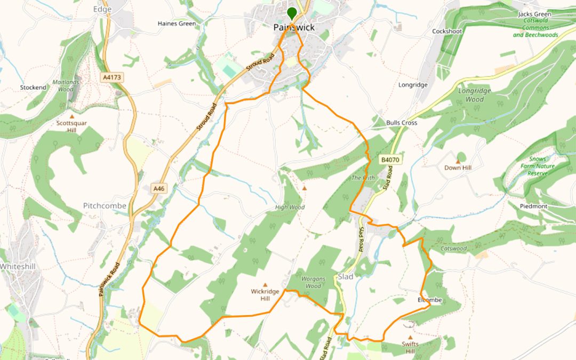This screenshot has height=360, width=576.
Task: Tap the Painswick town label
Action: coord(294,27)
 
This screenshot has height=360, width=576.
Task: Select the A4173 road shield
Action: coord(112,77)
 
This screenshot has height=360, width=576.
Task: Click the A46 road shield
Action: coord(158,189)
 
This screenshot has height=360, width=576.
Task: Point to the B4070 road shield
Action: coord(389,159)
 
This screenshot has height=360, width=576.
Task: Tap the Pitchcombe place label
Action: coord(105,206)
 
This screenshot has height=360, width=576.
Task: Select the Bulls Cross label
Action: coord(402,123)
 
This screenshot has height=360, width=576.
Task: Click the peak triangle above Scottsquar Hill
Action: coord(72,116)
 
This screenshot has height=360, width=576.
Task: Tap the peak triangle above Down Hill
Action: coord(458,161)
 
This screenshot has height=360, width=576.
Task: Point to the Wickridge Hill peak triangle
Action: coord(265,285)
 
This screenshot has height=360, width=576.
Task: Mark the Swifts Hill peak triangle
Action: coord(410,337)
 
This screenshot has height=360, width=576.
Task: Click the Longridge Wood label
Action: coord(474,95)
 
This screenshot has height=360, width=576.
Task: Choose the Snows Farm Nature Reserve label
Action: coord(541,166)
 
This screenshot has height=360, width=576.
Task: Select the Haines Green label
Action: coord(177,23)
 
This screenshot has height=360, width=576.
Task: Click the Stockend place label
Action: coord(33,87)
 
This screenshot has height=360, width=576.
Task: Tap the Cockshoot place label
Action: coord(447,31)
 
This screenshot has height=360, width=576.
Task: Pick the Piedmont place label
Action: coord(534,206)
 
